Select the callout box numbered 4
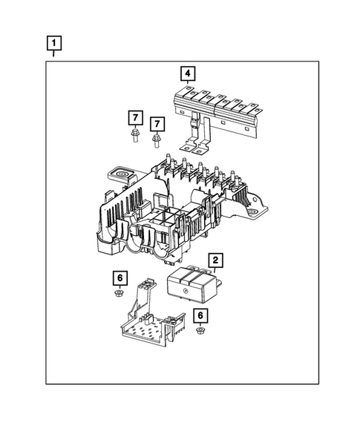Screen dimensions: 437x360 pyautogui.click(x=189, y=73)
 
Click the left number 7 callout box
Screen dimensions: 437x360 pyautogui.click(x=134, y=117)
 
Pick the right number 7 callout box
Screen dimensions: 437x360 pyautogui.click(x=157, y=122)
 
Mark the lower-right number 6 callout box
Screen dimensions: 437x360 pyautogui.click(x=200, y=315)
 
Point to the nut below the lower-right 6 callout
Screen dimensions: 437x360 pyautogui.click(x=200, y=330)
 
